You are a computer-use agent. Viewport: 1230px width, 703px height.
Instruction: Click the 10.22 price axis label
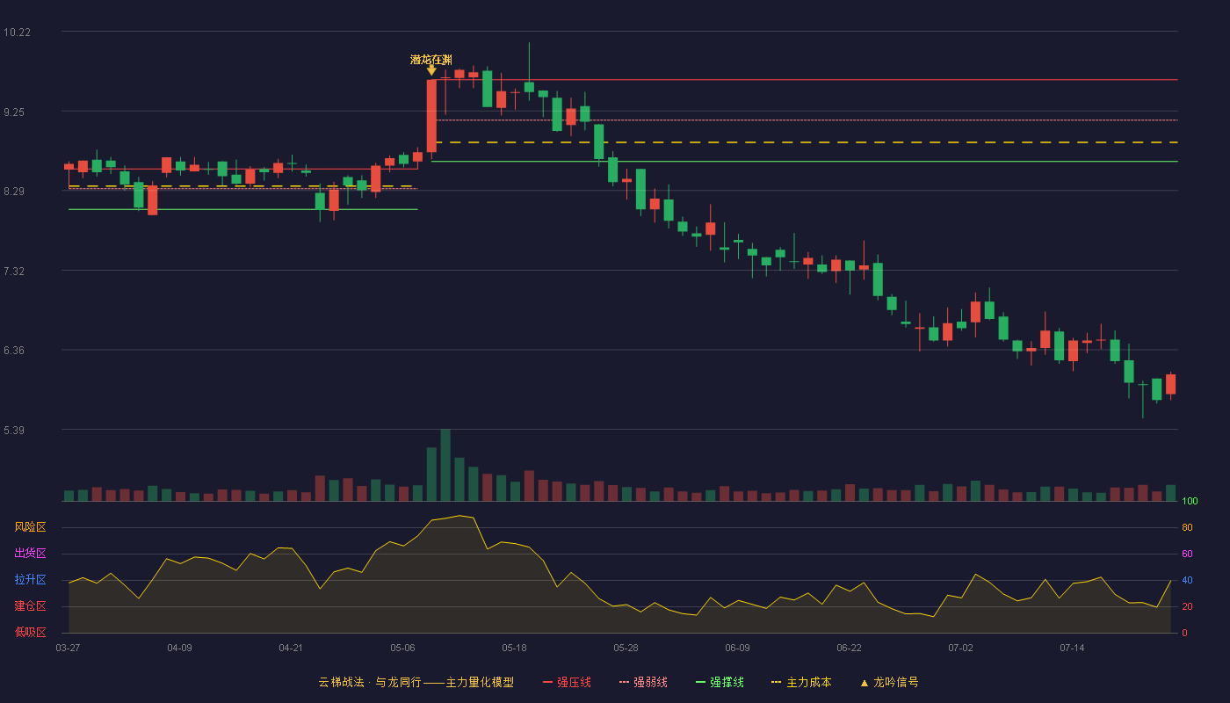(x=17, y=33)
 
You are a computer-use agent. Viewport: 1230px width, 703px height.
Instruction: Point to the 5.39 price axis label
(x=14, y=430)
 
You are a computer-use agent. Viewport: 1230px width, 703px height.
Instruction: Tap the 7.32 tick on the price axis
(x=14, y=272)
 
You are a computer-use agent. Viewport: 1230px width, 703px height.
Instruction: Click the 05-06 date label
(x=402, y=649)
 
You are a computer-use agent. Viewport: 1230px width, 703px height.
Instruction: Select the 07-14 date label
(x=1072, y=649)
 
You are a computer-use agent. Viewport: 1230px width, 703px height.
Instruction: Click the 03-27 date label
(x=69, y=649)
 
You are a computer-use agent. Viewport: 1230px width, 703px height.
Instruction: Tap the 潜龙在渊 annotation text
(x=431, y=60)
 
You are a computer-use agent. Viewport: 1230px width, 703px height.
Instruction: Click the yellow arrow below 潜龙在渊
(x=431, y=70)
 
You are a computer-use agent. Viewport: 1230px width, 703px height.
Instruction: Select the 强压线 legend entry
(x=567, y=682)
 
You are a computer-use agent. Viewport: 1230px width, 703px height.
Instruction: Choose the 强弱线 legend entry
(x=643, y=682)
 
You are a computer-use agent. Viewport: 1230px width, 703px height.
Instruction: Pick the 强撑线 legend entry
(x=720, y=682)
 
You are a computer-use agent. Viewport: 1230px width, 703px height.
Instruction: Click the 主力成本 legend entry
(x=801, y=682)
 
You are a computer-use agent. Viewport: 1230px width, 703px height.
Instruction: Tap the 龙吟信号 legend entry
(x=889, y=682)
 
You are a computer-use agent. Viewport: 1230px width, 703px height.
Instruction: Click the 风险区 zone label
(x=30, y=527)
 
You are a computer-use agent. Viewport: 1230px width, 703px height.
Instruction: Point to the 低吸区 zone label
(x=30, y=633)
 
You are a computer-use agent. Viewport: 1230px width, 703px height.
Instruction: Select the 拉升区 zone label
(x=30, y=580)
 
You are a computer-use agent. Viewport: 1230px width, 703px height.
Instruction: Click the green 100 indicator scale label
(x=1190, y=501)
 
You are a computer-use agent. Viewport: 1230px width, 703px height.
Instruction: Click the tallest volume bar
(x=445, y=465)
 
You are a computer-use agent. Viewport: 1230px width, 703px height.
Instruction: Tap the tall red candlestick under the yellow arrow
(x=431, y=116)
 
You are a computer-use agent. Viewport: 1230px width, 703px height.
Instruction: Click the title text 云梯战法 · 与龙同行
(x=370, y=682)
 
